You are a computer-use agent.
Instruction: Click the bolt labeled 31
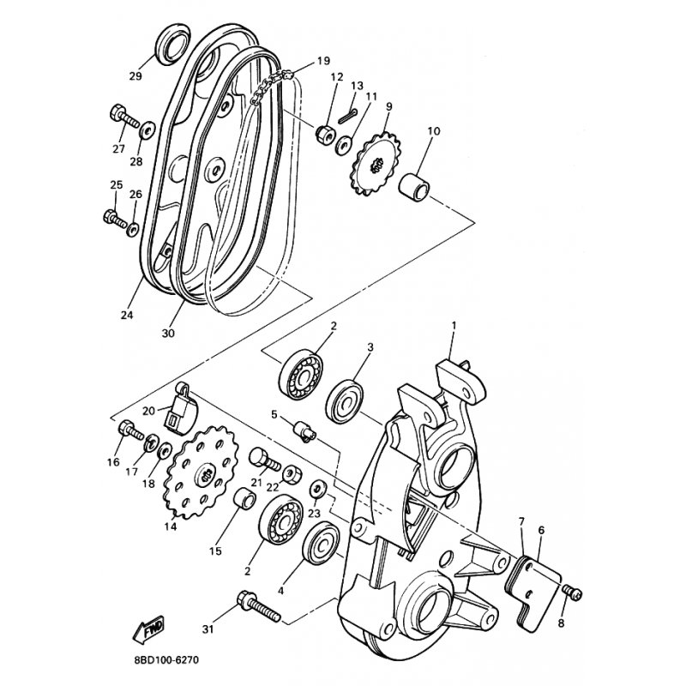(256, 606)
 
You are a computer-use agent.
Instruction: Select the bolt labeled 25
(115, 216)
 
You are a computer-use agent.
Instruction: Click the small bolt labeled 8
(574, 593)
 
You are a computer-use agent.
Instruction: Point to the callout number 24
(127, 315)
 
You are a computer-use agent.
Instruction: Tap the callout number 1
(455, 325)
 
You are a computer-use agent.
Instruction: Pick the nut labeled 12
(325, 134)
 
